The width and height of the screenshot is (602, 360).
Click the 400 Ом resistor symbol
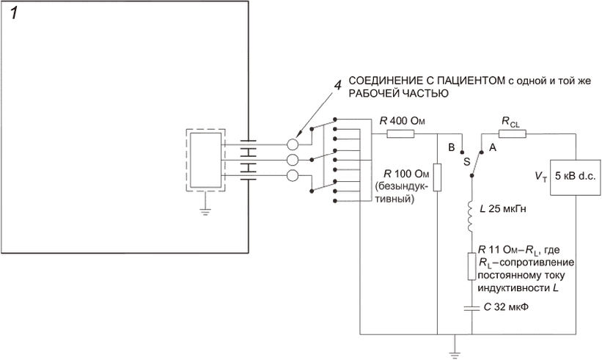[400, 134]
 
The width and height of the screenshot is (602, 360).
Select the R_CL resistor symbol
[508, 134]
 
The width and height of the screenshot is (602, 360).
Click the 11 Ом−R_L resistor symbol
[471, 265]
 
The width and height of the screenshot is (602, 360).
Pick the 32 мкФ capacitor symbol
[471, 306]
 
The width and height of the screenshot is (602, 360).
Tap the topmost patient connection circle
[293, 144]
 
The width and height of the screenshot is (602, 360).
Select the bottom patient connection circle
[293, 175]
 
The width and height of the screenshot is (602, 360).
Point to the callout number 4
[337, 85]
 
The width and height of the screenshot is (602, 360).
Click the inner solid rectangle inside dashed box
[205, 160]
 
